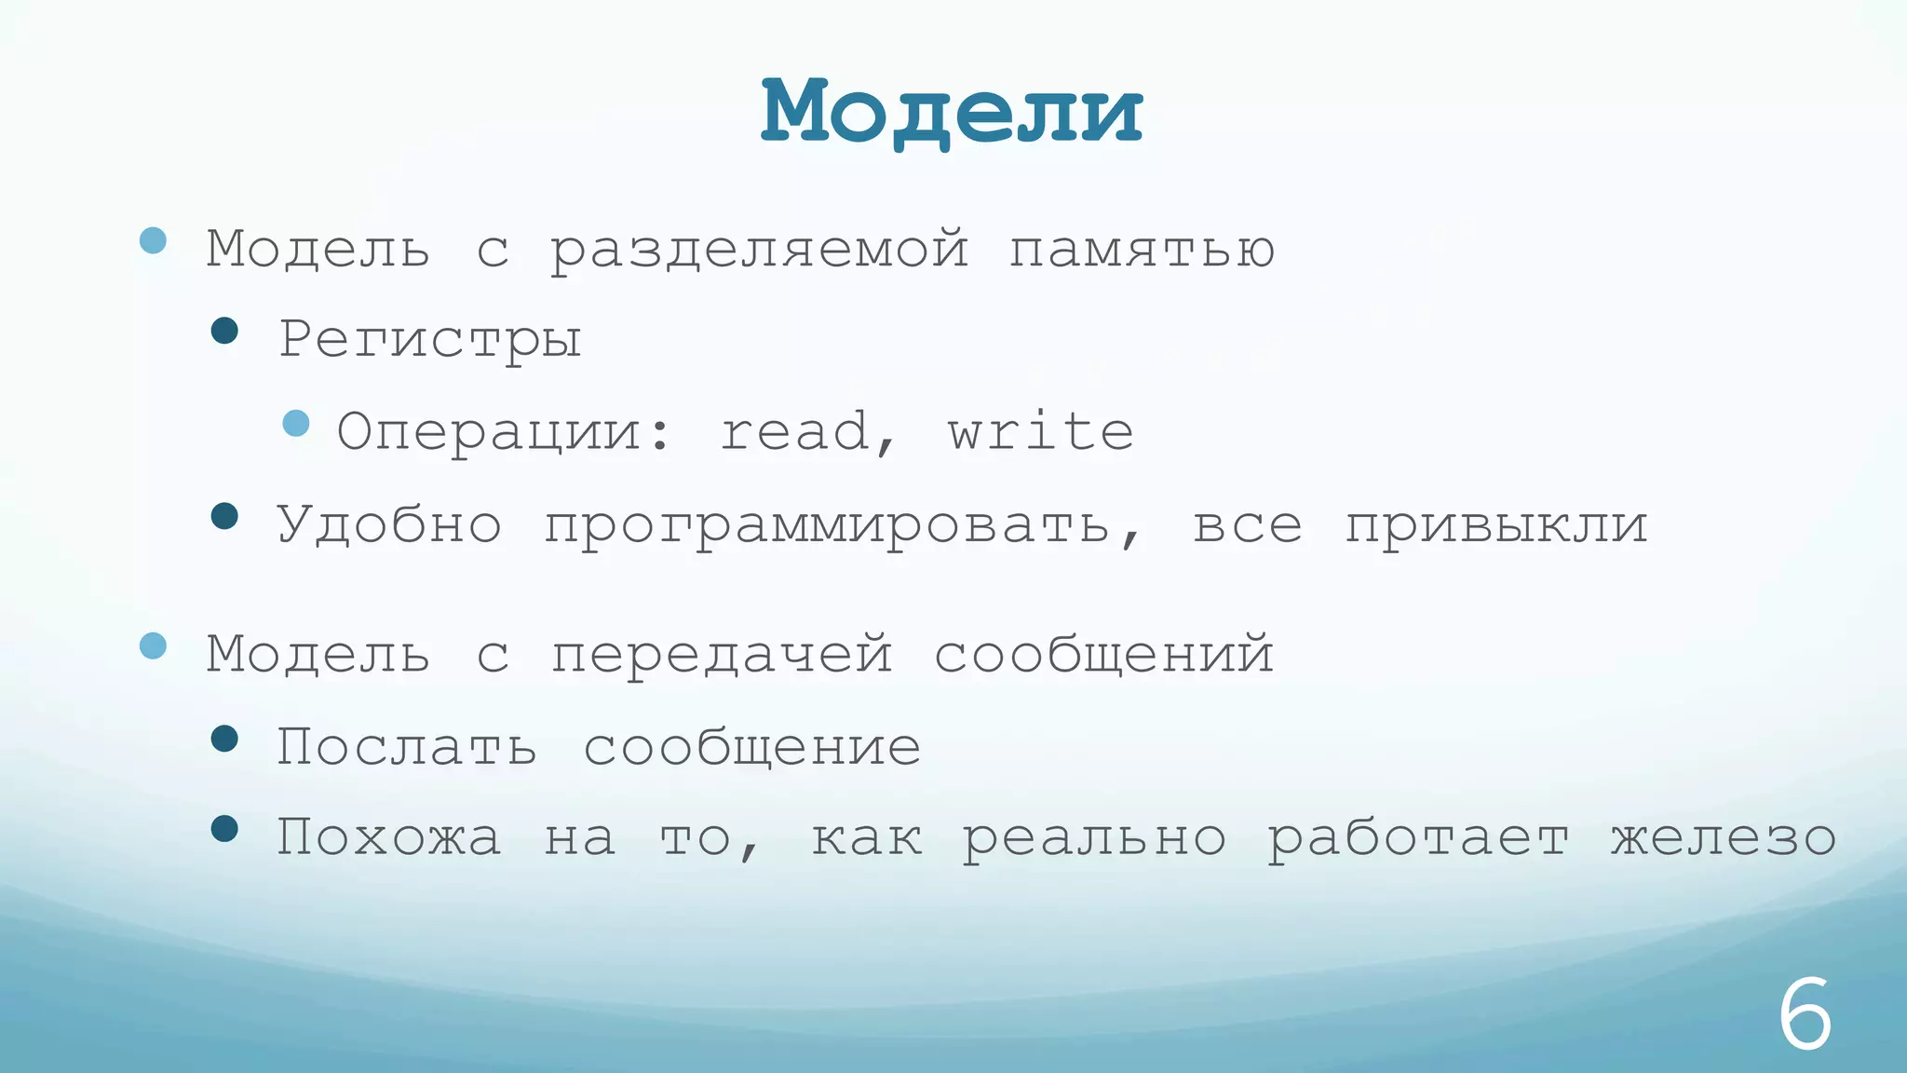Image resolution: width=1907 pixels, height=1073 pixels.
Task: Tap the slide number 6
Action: [1805, 1015]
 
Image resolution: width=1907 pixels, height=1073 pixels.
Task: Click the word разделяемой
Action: [759, 250]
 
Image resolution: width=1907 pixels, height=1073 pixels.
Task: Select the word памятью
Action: [1142, 250]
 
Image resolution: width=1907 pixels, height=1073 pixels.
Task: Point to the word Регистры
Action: [430, 339]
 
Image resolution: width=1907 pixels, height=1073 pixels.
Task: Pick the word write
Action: [1041, 432]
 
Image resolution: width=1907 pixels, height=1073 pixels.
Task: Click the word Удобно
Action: [389, 524]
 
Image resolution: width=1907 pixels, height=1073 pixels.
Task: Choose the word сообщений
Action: [1103, 654]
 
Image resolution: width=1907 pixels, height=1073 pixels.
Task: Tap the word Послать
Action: [407, 747]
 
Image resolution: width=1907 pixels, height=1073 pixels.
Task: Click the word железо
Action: [1724, 837]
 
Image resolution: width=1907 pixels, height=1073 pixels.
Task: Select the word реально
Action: [1094, 837]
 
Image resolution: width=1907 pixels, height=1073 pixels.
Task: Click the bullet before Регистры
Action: [224, 331]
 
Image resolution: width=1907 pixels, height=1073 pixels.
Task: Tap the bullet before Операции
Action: [296, 424]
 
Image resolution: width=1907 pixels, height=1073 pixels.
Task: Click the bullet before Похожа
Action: [224, 828]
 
